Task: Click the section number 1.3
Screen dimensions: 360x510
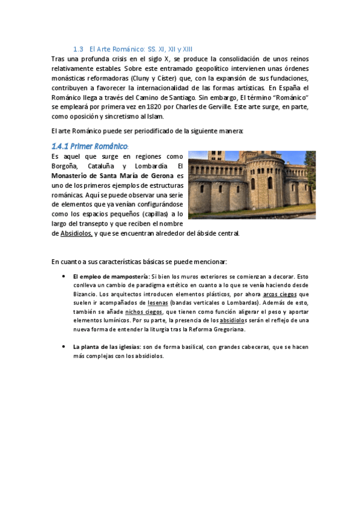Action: [x=78, y=49]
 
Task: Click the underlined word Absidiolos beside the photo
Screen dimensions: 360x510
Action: [x=76, y=233]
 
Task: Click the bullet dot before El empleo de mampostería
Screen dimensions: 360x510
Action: [x=64, y=276]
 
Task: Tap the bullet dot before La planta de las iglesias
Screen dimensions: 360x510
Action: [x=64, y=347]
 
